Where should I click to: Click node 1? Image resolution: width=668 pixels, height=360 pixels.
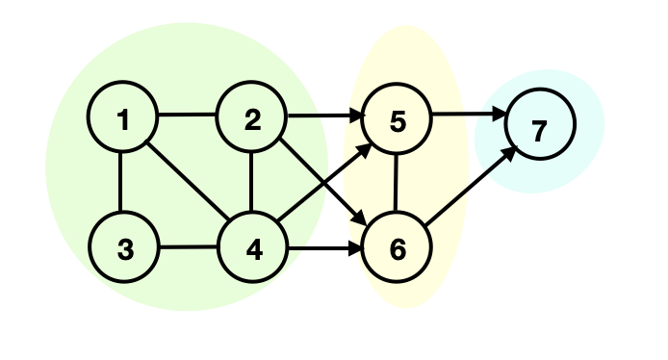click(x=123, y=119)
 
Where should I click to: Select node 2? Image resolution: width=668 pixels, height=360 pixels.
click(x=252, y=119)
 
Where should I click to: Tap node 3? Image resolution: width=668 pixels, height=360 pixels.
click(x=123, y=248)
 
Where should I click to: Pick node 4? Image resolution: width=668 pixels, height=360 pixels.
click(x=252, y=248)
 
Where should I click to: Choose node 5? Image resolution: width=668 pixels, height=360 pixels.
click(x=397, y=119)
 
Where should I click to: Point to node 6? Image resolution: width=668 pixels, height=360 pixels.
click(x=397, y=248)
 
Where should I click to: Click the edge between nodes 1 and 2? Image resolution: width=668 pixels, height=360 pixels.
click(x=188, y=116)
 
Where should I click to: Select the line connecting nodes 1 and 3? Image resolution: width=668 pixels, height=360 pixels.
click(x=122, y=184)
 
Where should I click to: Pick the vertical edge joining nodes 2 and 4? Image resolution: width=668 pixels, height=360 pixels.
click(x=251, y=184)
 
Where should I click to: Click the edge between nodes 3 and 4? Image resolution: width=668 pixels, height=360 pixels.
click(x=188, y=247)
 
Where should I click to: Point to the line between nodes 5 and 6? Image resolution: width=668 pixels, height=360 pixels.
click(x=397, y=184)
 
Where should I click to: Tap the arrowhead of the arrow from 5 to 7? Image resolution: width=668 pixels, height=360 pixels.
click(x=500, y=118)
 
